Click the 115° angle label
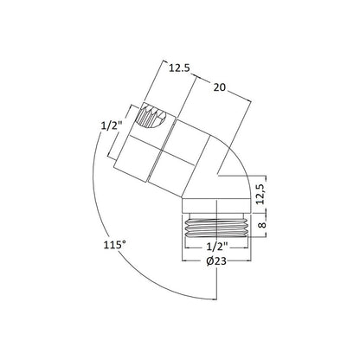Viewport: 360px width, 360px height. [x=115, y=245]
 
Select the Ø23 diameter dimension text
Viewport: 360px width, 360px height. [x=216, y=261]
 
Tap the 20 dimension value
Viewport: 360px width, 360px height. [x=220, y=87]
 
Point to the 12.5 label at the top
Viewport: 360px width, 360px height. [x=179, y=68]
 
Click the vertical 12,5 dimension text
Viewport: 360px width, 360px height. [x=260, y=194]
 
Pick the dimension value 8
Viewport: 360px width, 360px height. [x=262, y=225]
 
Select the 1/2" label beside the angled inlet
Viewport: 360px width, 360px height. [x=112, y=125]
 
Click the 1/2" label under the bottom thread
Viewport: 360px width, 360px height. [x=217, y=247]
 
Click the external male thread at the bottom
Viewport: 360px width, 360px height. [x=216, y=228]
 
